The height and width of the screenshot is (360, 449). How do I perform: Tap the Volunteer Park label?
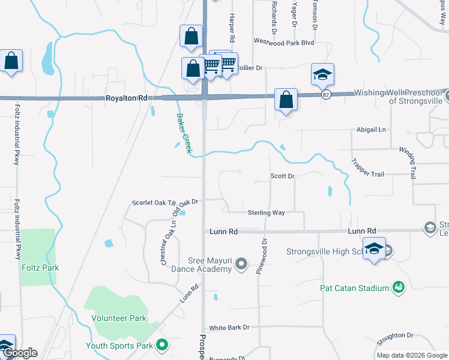coord(119,318)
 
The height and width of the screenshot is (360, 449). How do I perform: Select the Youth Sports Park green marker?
coord(161,345)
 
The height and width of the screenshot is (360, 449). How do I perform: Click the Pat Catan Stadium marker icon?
coord(397,288)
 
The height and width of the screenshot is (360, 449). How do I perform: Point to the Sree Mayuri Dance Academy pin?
coord(241,263)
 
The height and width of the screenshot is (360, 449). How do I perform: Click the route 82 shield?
coord(325,94)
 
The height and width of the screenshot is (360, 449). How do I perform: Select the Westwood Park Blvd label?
coord(283,42)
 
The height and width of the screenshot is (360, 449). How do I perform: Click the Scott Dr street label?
coord(282,176)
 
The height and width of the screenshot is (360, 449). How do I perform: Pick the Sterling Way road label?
coord(266,212)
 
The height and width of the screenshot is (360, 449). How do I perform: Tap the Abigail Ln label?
coord(372,130)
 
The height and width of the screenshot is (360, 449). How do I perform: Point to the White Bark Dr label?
coord(229,328)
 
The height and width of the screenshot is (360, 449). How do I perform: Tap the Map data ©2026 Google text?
coord(411,355)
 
